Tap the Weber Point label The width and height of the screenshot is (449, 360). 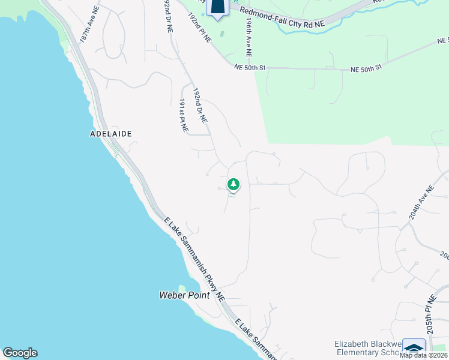click(184, 295)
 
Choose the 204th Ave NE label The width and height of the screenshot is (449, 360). click(421, 204)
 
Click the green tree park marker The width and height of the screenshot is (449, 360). click(233, 185)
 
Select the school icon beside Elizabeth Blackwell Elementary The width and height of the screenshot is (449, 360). click(414, 348)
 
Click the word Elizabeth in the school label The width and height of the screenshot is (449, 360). click(351, 344)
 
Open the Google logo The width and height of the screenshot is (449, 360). click(20, 353)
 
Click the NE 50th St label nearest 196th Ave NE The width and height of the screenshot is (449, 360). click(250, 68)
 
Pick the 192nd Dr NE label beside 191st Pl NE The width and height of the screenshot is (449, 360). click(200, 107)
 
